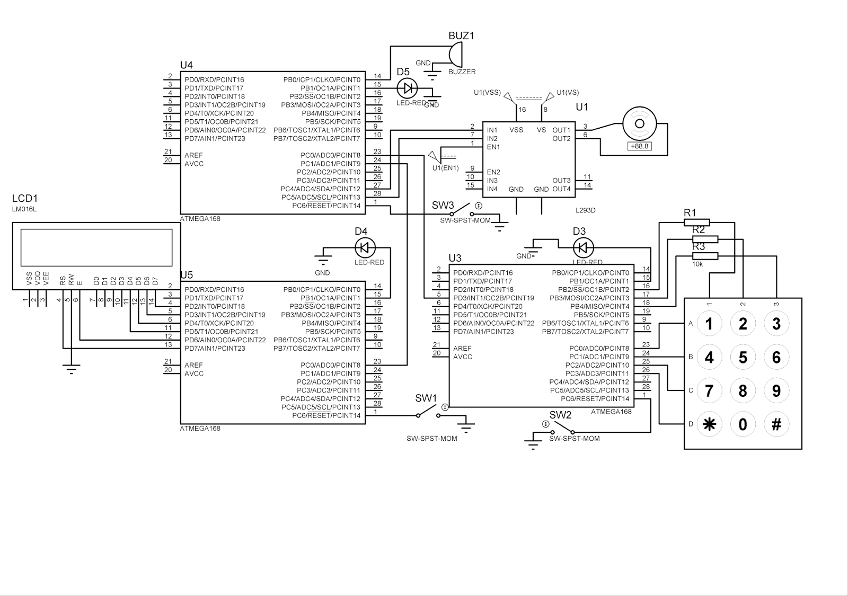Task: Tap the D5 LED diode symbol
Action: tap(407, 88)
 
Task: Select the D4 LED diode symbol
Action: tap(364, 247)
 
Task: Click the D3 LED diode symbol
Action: tap(583, 247)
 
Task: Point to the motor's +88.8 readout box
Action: tap(640, 146)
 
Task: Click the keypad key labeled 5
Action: tap(743, 358)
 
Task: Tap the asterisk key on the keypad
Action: tap(709, 424)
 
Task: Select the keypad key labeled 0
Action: tap(743, 424)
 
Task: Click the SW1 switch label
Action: tap(426, 398)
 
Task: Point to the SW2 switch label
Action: tap(560, 415)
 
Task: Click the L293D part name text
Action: tap(585, 210)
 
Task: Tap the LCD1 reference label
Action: tap(25, 199)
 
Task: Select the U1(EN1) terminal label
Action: tap(445, 168)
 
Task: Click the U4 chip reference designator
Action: tap(187, 65)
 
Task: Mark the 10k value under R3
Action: tap(698, 263)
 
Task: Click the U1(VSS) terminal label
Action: tap(487, 93)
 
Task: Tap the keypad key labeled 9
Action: tap(776, 391)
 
